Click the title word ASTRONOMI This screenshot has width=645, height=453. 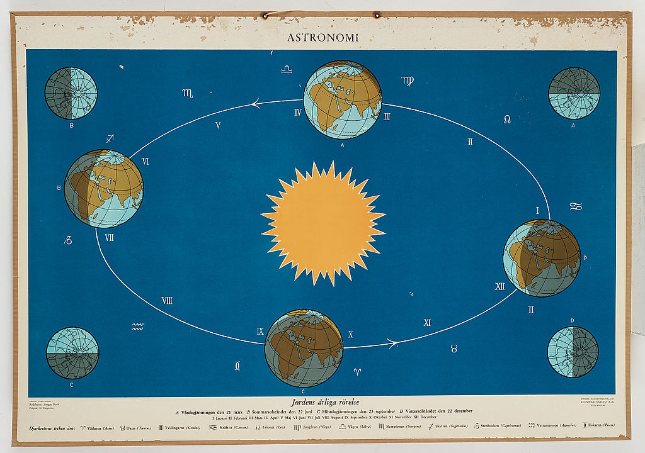[x=322, y=37]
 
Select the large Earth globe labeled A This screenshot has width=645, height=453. [x=342, y=99]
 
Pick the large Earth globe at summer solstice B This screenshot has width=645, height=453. [x=104, y=188]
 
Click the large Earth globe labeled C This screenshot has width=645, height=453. [x=304, y=348]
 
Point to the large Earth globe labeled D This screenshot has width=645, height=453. [x=542, y=257]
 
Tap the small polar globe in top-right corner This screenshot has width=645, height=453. [x=574, y=93]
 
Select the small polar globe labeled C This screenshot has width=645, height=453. [x=72, y=352]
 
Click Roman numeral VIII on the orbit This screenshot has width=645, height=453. [x=167, y=300]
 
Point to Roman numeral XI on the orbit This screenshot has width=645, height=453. [x=427, y=323]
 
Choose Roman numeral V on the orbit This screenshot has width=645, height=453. [x=218, y=125]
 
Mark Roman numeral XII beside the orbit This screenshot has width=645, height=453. [x=499, y=286]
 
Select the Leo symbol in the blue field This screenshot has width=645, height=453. [x=506, y=119]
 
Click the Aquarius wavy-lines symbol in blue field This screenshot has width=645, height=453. [x=137, y=327]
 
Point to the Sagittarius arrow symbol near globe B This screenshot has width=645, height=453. [x=110, y=138]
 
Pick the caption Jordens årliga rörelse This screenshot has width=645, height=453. [x=322, y=401]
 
